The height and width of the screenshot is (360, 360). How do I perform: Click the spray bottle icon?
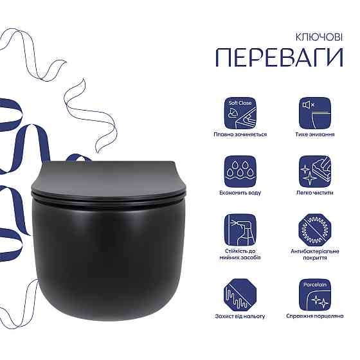click(x=240, y=230)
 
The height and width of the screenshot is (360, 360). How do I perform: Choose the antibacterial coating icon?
click(x=314, y=230)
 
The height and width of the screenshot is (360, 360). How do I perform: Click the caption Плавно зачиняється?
click(x=240, y=134)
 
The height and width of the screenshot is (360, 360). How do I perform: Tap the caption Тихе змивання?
click(x=314, y=134)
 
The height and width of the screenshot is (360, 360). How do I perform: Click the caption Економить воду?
click(x=240, y=192)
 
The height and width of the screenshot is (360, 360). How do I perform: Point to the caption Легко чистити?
click(x=314, y=192)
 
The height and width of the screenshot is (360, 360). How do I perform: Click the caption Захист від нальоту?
click(x=240, y=316)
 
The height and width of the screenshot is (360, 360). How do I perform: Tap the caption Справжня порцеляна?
click(x=314, y=316)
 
